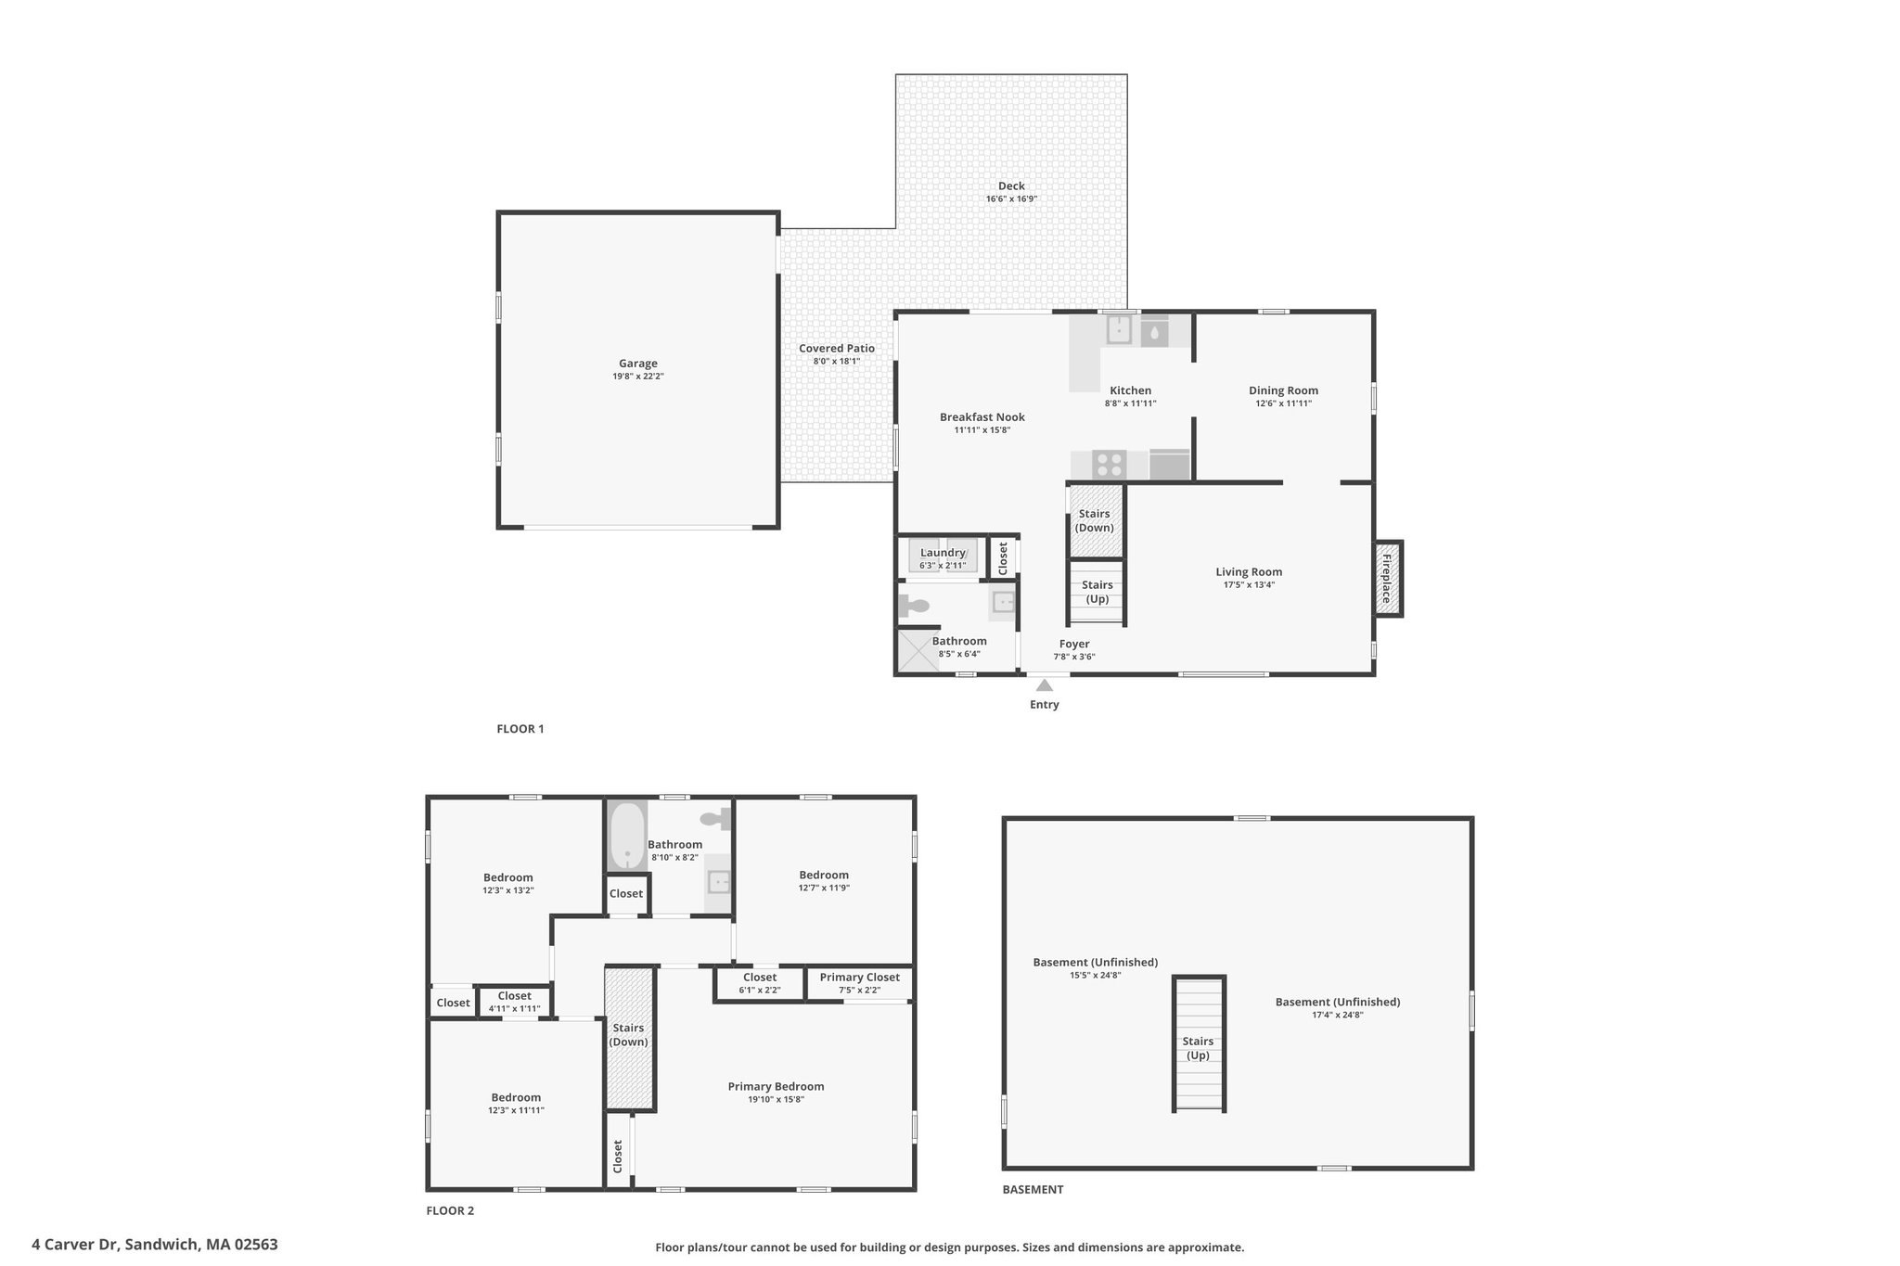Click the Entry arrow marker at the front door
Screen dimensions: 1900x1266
[x=1045, y=685]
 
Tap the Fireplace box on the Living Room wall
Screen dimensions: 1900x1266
[x=1388, y=579]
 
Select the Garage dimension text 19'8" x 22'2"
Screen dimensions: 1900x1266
[x=638, y=377]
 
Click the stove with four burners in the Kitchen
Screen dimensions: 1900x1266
[x=1110, y=464]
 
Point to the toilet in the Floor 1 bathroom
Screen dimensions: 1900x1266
[x=913, y=607]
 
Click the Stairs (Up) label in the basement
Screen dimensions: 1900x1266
[x=1199, y=1048]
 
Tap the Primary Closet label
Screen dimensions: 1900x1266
[x=860, y=977]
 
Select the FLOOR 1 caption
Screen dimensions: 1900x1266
[x=520, y=729]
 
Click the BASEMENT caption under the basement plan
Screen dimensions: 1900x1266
[x=1033, y=1189]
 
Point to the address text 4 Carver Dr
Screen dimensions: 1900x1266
[x=76, y=1245]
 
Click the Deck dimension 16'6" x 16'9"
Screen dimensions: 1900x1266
[x=1011, y=198]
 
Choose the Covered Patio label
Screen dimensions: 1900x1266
[x=837, y=349]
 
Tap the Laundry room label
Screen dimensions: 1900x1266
[x=943, y=553]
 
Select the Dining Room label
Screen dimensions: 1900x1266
[x=1283, y=390]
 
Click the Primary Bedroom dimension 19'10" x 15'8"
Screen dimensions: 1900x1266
[x=776, y=1100]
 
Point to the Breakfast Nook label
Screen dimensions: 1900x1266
[x=982, y=417]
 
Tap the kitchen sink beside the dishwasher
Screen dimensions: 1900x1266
[x=1119, y=330]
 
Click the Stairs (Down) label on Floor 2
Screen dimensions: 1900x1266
[x=629, y=1035]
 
